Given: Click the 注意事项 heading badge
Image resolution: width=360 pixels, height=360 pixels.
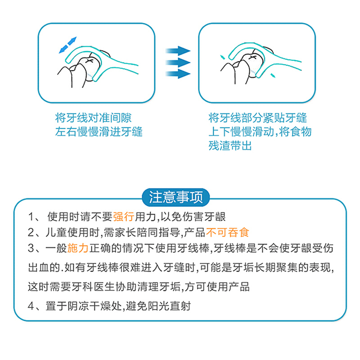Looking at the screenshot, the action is tap(176, 197).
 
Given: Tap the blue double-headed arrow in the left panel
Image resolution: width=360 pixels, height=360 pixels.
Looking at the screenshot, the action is tap(68, 45).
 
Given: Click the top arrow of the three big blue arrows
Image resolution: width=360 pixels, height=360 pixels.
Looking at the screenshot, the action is tap(178, 51).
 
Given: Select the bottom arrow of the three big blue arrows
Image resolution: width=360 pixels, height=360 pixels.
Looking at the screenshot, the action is tap(178, 74).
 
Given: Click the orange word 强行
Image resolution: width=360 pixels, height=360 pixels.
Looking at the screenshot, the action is tap(123, 216).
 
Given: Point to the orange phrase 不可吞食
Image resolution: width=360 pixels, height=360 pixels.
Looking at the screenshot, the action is tap(228, 232).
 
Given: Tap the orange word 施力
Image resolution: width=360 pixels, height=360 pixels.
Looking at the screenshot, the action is tap(77, 248).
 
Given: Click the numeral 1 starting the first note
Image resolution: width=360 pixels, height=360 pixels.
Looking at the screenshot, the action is tap(31, 217).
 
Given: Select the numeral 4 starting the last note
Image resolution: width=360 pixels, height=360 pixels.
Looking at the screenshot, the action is tap(31, 306).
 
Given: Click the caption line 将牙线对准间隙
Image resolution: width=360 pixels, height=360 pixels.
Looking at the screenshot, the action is tap(93, 118).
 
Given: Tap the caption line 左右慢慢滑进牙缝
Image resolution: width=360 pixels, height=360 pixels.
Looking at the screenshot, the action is tap(99, 131).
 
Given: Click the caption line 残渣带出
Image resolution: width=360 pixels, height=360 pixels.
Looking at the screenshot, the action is tap(230, 145).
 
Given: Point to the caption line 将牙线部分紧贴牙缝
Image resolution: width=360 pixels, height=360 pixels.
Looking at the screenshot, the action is tap(257, 118).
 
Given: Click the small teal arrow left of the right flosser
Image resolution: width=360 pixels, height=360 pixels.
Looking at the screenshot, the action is tap(222, 57).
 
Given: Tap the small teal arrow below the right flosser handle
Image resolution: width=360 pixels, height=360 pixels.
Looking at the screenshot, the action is tap(273, 76).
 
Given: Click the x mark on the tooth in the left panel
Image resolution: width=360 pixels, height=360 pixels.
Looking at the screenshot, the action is tap(89, 61).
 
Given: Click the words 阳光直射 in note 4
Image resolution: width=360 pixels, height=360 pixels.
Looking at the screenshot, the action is tap(169, 306).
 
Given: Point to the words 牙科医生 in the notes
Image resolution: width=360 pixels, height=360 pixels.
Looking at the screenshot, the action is tap(94, 287).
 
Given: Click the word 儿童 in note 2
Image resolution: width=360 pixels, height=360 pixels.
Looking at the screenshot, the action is tap(56, 232).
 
